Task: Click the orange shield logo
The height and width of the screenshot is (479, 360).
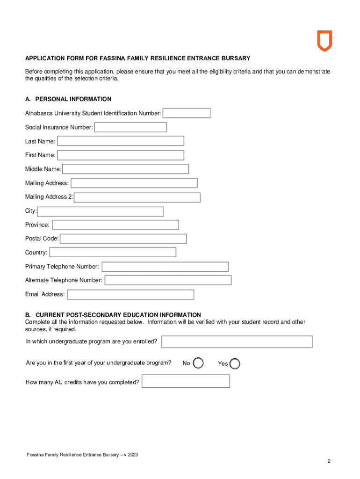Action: point(324,41)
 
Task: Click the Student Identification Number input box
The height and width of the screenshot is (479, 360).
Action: point(187,113)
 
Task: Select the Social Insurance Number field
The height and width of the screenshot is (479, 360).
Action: point(130,127)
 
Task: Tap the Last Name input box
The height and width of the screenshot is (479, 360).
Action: point(121,141)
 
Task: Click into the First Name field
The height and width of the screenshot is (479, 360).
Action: point(121,155)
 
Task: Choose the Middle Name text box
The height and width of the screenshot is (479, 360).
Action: point(126,169)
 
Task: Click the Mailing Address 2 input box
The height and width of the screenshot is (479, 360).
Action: point(137,197)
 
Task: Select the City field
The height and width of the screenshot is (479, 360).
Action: point(101,211)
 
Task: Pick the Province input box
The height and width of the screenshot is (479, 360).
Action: point(115,225)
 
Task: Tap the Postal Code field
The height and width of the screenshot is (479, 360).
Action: point(123,239)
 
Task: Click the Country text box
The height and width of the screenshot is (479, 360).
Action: point(113,253)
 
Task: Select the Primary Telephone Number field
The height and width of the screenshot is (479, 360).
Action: point(165,267)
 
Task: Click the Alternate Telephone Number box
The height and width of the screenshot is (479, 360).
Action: point(168,280)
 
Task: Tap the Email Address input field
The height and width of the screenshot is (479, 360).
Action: point(130,294)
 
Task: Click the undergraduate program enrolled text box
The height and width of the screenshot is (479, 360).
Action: point(237,342)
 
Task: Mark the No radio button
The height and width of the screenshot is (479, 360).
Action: point(198,363)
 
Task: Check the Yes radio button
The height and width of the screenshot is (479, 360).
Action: point(235,363)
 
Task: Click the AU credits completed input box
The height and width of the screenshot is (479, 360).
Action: point(186,381)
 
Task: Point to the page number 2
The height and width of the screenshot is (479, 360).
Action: point(329,461)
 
